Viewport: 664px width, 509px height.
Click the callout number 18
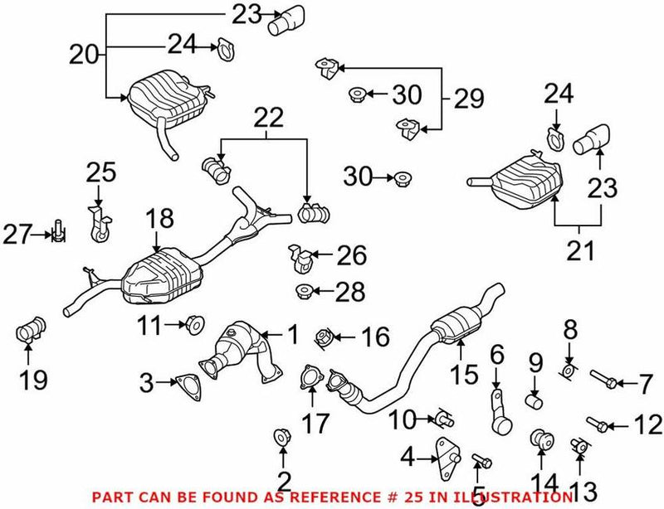pyautogui.click(x=161, y=219)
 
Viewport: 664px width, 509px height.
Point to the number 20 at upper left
pyautogui.click(x=83, y=55)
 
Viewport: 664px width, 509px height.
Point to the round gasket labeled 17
pyautogui.click(x=310, y=380)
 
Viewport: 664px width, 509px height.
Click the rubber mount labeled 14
pyautogui.click(x=542, y=439)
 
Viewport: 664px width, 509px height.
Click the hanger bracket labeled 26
pyautogui.click(x=300, y=257)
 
